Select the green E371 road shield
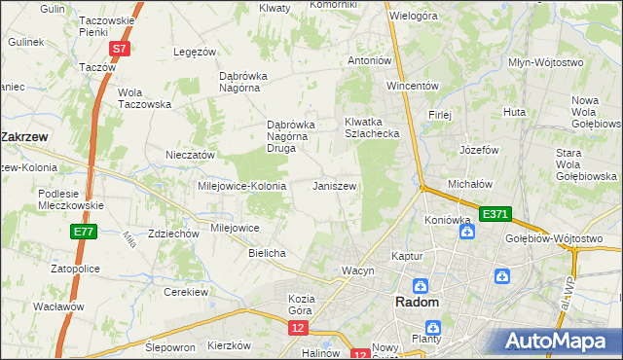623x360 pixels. pyautogui.click(x=494, y=213)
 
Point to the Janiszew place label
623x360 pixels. pyautogui.click(x=335, y=185)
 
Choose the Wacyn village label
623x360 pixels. pyautogui.click(x=357, y=270)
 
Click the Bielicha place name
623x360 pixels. pyautogui.click(x=267, y=253)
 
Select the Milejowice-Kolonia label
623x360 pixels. pyautogui.click(x=241, y=185)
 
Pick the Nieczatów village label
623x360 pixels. pyautogui.click(x=190, y=155)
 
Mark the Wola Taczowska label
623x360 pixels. pyautogui.click(x=144, y=98)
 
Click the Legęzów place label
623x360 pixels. pyautogui.click(x=193, y=52)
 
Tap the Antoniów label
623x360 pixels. pyautogui.click(x=370, y=60)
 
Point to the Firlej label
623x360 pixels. pyautogui.click(x=440, y=115)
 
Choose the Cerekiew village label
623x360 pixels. pyautogui.click(x=187, y=292)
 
